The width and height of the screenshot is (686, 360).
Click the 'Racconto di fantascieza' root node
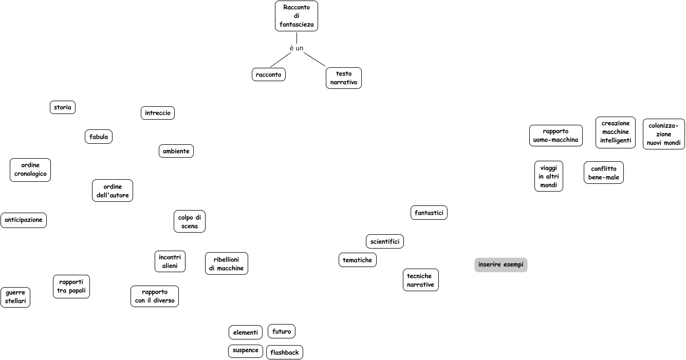(296, 16)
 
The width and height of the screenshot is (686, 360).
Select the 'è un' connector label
(296, 48)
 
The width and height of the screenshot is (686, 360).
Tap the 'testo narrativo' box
(344, 78)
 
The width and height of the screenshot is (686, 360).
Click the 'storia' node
(63, 107)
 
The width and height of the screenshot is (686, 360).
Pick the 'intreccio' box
(158, 113)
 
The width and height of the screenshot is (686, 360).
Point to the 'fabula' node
(99, 137)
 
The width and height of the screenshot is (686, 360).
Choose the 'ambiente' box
(176, 151)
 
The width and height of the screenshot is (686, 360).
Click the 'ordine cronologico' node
(30, 170)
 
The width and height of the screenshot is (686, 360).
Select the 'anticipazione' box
(24, 220)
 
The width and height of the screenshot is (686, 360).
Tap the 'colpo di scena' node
(190, 221)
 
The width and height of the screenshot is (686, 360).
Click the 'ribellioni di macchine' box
(227, 263)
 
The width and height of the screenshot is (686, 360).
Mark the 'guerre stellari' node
(15, 297)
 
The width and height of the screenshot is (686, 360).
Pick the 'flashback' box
(285, 352)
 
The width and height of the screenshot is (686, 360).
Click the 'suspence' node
(246, 351)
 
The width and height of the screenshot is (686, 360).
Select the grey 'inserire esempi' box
(501, 265)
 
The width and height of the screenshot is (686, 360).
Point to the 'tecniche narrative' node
(421, 280)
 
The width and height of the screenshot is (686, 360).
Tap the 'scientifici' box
(385, 241)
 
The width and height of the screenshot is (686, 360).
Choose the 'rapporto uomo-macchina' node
(556, 136)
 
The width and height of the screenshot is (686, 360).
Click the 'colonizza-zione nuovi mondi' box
(664, 134)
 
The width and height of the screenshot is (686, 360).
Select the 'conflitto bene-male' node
(604, 173)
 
